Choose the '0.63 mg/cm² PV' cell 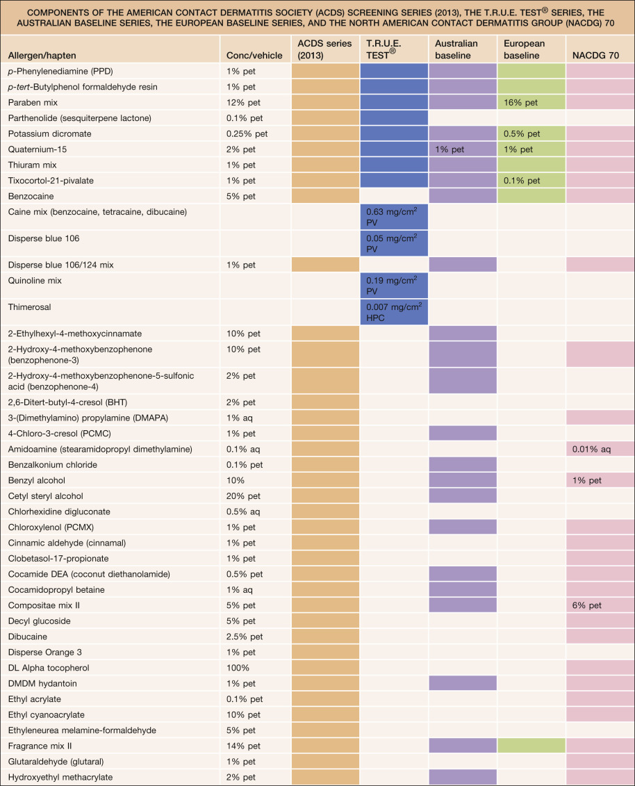[x=394, y=216]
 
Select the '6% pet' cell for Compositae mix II [x=587, y=605]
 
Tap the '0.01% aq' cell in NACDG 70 [x=591, y=449]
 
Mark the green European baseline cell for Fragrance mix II [x=531, y=746]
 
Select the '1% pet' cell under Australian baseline [x=450, y=149]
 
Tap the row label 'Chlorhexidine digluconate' [x=59, y=511]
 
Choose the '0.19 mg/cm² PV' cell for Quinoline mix [x=394, y=284]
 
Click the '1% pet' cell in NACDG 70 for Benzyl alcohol [x=587, y=480]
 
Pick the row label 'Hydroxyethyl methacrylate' [x=60, y=777]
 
